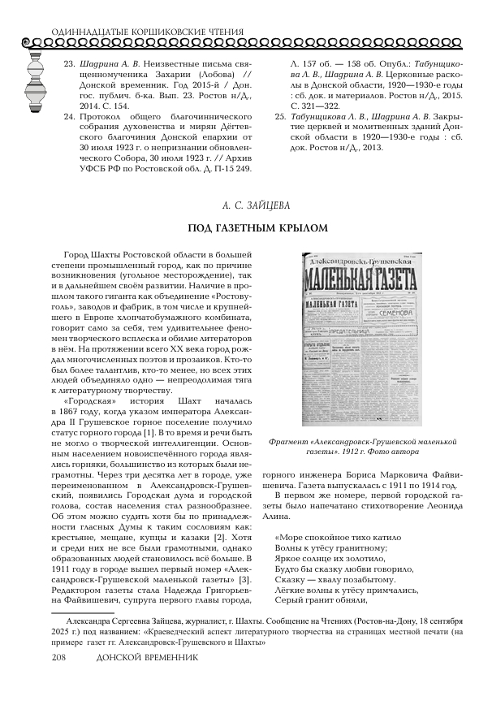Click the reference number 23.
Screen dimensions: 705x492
tap(69, 63)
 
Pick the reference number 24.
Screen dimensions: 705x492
tap(69, 116)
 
